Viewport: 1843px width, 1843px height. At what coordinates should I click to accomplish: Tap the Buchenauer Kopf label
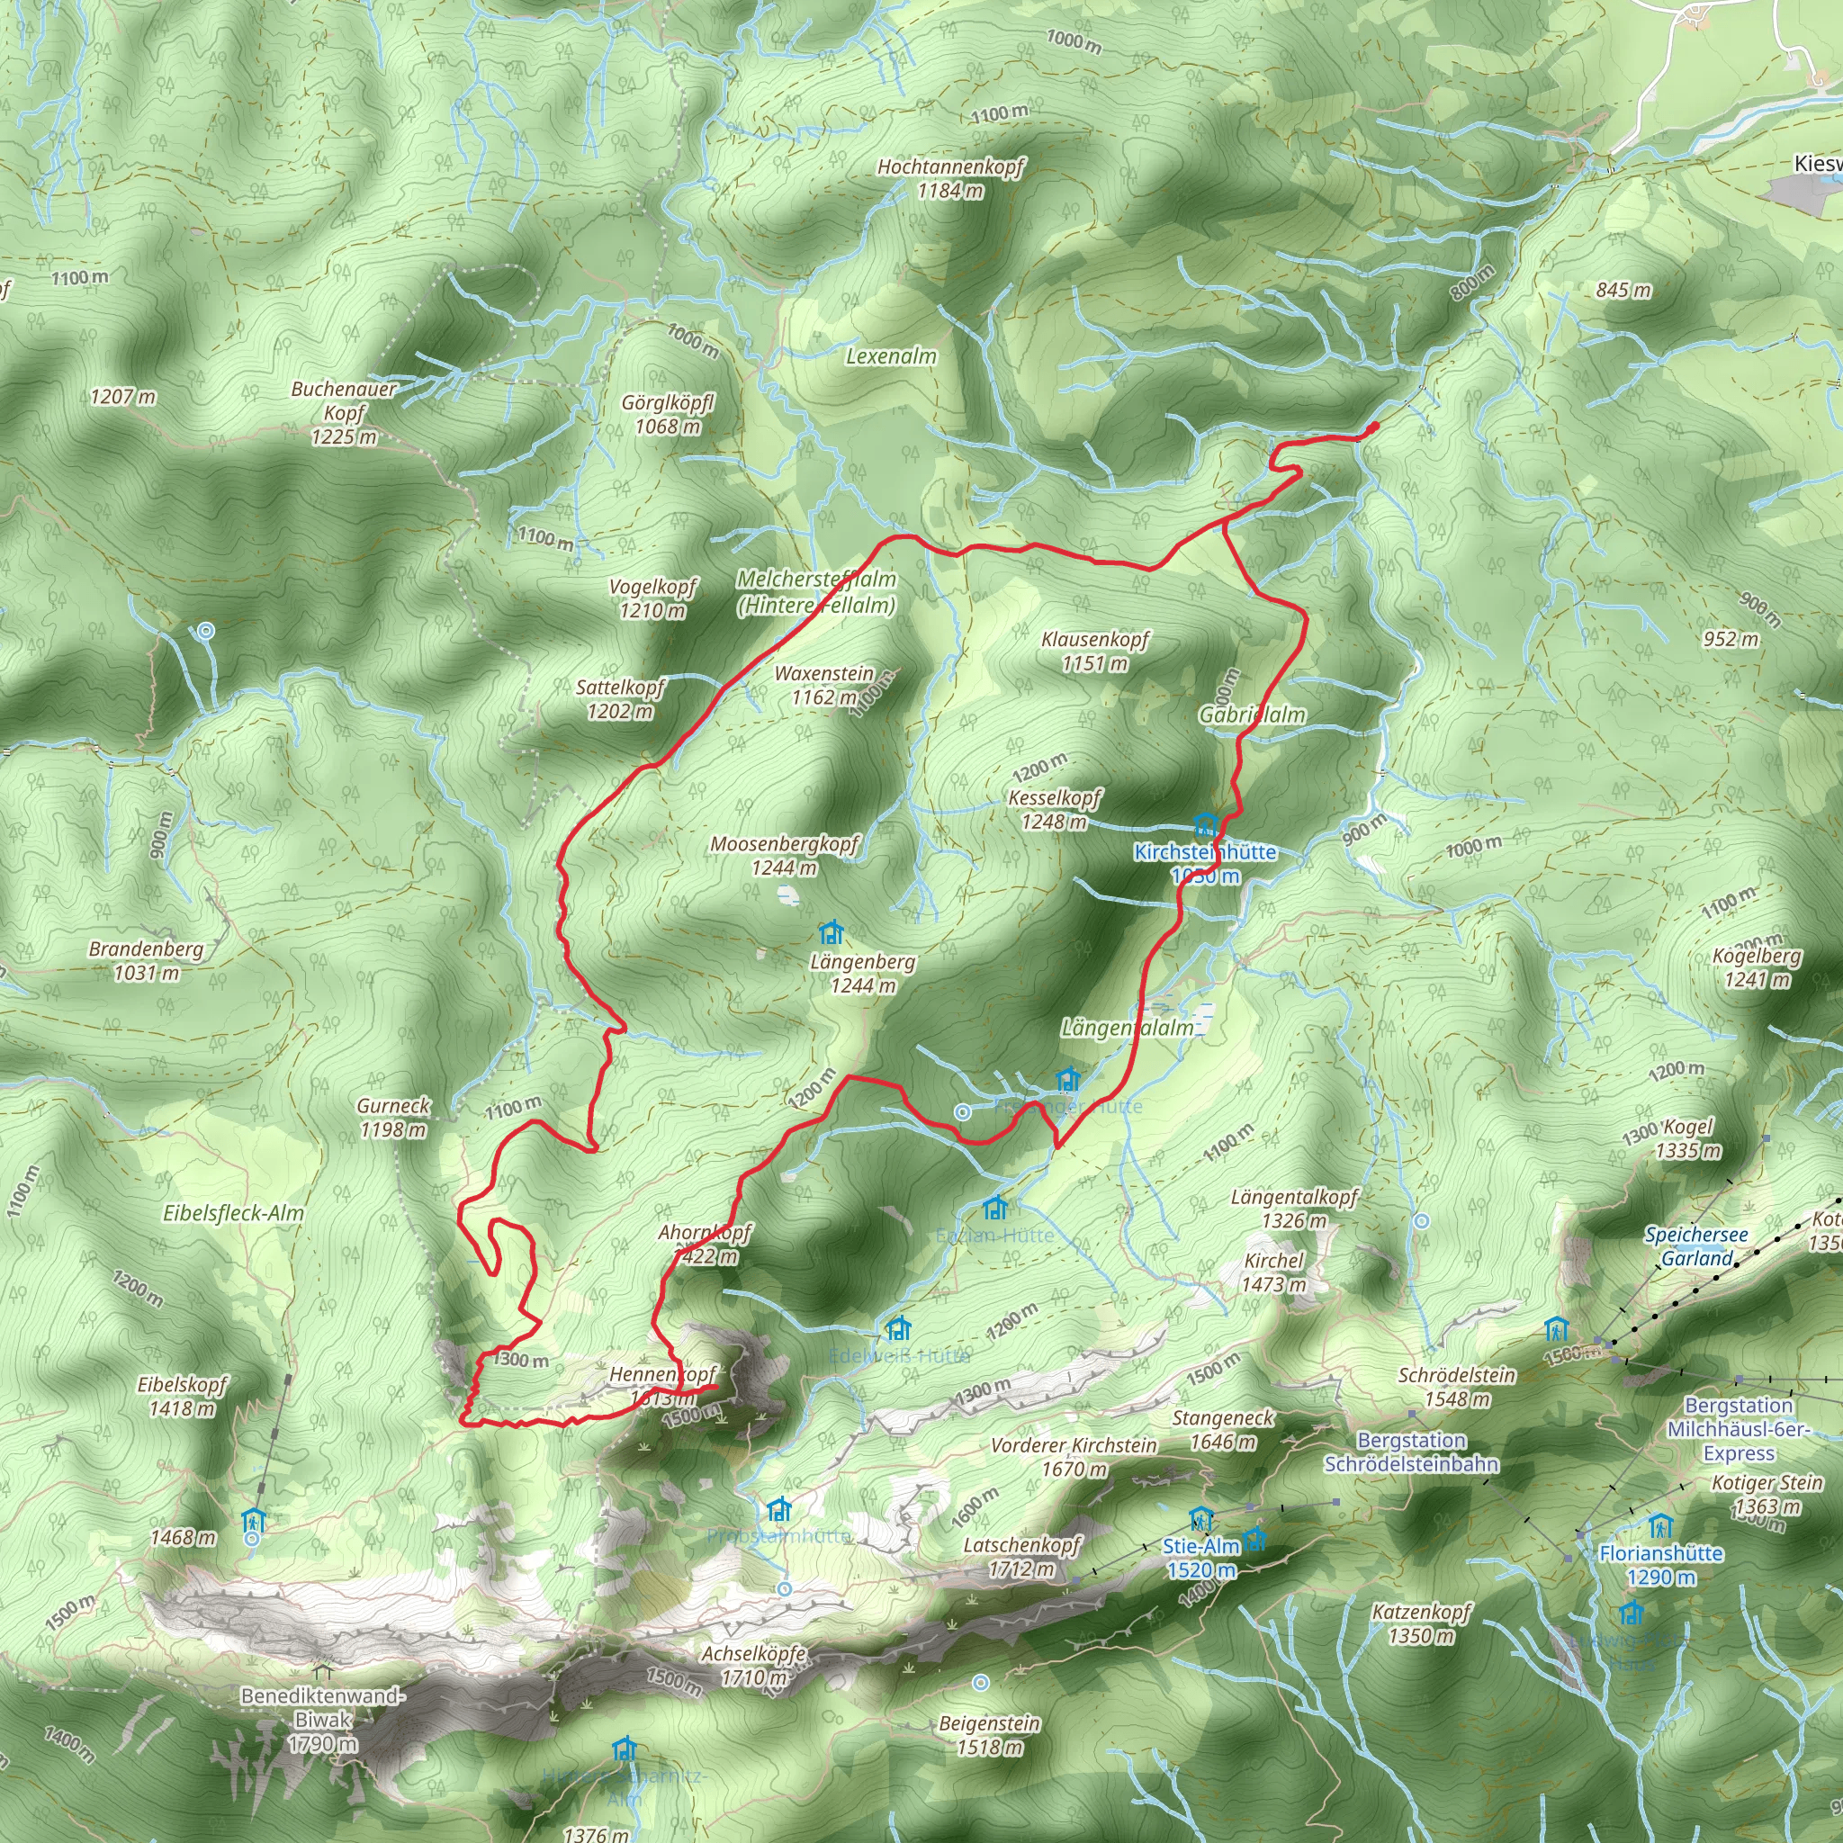click(344, 413)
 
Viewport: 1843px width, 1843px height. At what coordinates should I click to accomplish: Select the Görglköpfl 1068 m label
click(668, 414)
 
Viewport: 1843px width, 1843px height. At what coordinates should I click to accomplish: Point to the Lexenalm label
click(891, 355)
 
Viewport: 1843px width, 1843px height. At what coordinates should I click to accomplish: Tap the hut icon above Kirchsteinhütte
click(1206, 824)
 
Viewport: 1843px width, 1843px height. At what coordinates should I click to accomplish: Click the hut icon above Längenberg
click(831, 932)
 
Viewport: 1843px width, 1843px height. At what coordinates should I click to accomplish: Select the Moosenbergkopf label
click(784, 855)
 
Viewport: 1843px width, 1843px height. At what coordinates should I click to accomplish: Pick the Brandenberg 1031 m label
click(146, 960)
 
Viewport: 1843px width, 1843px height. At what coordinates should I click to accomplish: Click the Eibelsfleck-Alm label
click(234, 1213)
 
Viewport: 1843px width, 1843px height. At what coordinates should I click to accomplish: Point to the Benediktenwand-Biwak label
click(322, 1720)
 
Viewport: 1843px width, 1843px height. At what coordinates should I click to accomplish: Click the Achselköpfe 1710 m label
click(753, 1665)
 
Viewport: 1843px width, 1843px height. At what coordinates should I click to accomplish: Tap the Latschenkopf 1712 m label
click(1021, 1557)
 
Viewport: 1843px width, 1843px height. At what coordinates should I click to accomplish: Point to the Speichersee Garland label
click(1696, 1245)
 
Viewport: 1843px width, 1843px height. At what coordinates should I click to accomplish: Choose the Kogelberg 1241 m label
click(1758, 967)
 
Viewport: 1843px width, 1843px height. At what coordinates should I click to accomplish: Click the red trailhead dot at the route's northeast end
click(1373, 427)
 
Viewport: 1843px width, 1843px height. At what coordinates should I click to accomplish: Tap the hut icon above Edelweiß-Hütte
click(896, 1328)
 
